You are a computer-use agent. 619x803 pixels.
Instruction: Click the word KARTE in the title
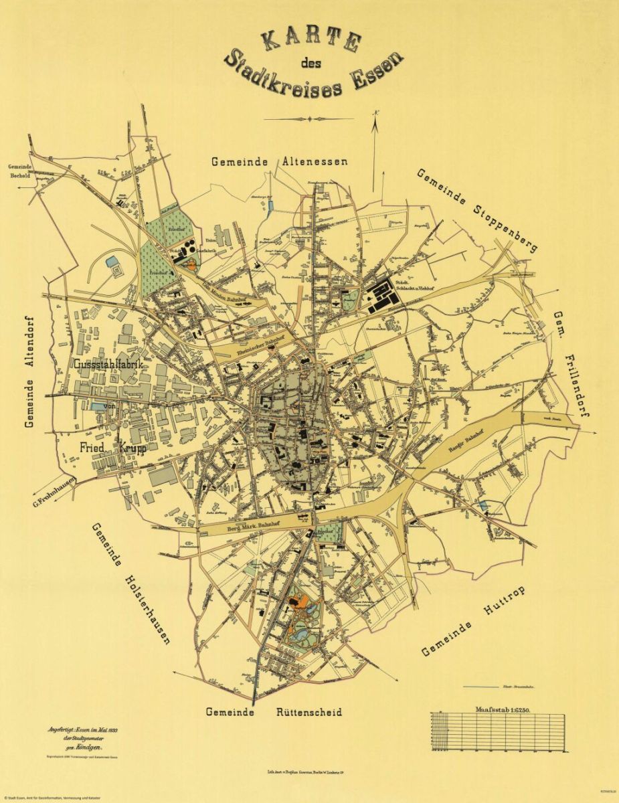310,40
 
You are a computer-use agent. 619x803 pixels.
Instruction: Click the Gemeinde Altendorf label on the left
29,371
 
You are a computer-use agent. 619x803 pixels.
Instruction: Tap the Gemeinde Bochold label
21,171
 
